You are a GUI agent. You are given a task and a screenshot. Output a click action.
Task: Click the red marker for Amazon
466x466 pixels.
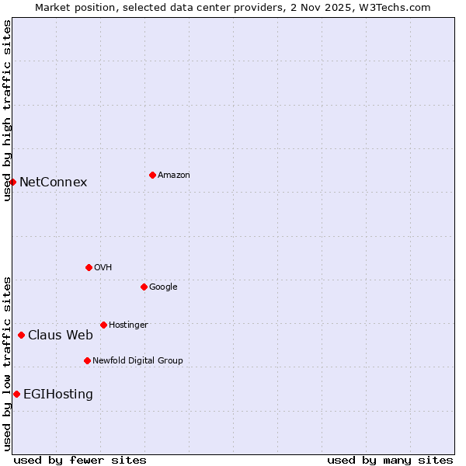tap(152, 175)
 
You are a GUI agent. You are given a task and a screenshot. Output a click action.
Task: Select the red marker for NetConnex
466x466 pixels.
tap(13, 182)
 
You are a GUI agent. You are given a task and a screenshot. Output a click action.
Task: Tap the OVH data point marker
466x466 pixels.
tap(89, 267)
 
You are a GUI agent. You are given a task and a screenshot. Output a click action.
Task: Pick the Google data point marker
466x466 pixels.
tap(144, 287)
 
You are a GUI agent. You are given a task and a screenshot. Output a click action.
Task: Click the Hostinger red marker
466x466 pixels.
tap(103, 325)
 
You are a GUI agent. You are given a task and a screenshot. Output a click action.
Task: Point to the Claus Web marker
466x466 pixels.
tap(22, 335)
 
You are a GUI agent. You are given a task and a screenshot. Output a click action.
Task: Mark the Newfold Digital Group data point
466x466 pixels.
tap(87, 360)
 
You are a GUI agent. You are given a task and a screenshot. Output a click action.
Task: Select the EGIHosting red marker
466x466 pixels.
tap(17, 394)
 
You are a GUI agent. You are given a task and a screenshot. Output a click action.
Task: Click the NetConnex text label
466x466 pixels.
tap(53, 183)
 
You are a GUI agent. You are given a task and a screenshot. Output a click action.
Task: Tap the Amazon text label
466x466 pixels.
tap(174, 176)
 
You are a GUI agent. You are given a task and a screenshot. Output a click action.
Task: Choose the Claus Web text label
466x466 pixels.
tap(61, 336)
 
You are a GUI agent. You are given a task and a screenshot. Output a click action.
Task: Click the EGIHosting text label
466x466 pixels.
tap(58, 395)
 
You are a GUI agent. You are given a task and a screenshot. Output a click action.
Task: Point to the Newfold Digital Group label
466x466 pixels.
tap(137, 360)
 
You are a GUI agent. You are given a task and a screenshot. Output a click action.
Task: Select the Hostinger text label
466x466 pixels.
tap(128, 325)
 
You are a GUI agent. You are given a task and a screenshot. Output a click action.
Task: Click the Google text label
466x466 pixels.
tap(163, 287)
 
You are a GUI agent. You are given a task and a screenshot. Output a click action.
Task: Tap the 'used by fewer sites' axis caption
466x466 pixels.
tap(80, 460)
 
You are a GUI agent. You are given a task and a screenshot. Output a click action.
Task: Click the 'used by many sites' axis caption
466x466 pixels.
tap(390, 460)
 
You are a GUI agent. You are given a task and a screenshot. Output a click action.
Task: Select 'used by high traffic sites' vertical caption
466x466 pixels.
tap(7, 110)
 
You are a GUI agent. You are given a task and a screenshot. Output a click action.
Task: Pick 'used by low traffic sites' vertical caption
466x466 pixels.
tap(7, 363)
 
